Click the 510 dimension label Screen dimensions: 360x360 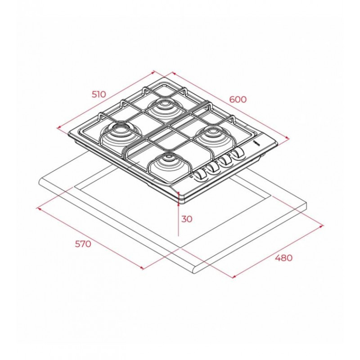point(99,94)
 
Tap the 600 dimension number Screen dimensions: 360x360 point(238,99)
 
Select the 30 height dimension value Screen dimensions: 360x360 point(187,219)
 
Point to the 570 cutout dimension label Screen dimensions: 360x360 point(83,244)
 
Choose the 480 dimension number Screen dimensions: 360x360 point(284,258)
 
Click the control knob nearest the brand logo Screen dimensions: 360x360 point(238,153)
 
